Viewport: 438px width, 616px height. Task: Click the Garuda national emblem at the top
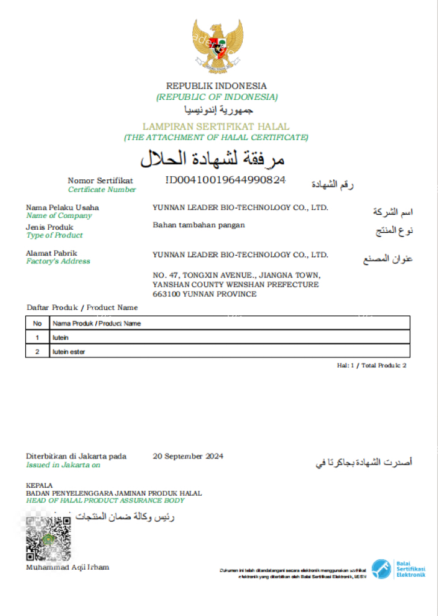coord(217,45)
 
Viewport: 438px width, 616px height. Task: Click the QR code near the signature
coord(48,538)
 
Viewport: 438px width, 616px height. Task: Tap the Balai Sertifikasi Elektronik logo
coord(398,569)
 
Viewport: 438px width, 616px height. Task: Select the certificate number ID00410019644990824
coord(225,180)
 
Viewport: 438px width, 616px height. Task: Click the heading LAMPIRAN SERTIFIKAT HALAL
coord(216,127)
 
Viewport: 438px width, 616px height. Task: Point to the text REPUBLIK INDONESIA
coord(216,86)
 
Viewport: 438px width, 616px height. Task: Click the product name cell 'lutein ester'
coord(69,351)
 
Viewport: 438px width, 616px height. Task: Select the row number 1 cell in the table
coord(37,337)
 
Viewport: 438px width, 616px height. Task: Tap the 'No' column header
coord(37,323)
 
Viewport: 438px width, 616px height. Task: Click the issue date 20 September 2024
coord(188,456)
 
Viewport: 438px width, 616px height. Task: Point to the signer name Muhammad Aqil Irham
coord(67,567)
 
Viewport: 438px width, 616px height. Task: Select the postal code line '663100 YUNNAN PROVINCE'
coord(204,294)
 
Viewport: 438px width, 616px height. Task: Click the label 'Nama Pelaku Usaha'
coord(63,208)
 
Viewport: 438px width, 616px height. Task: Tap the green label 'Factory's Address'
coord(58,261)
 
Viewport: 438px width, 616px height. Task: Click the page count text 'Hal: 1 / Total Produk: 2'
coord(372,365)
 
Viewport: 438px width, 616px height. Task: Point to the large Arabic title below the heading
coord(212,159)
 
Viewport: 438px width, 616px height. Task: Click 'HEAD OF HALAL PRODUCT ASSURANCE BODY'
coord(105,500)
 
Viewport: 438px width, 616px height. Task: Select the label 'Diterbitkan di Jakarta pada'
coord(76,456)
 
